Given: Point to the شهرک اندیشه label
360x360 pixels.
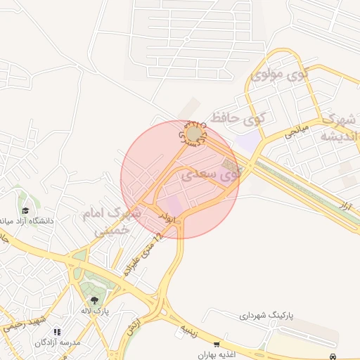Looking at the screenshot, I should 340,127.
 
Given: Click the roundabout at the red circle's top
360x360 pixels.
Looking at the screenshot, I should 193,133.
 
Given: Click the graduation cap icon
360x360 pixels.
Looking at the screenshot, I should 25,210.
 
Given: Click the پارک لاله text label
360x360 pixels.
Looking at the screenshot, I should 94,311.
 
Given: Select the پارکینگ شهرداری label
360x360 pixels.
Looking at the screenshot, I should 265,317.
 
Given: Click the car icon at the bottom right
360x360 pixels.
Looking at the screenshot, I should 333,356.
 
